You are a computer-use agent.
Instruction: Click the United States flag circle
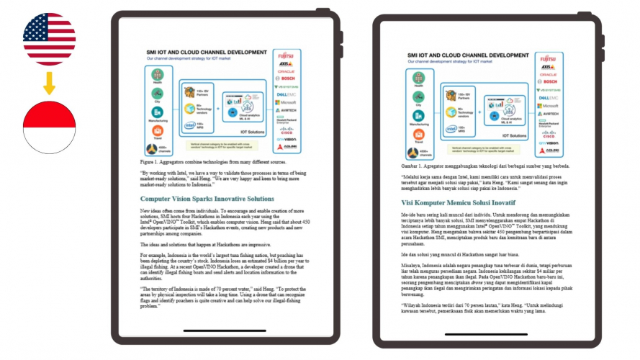point(49,38)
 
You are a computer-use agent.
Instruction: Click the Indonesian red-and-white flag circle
point(49,127)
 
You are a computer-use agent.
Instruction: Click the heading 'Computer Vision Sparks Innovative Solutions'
point(207,199)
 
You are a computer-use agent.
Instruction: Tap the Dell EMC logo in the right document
point(549,97)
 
